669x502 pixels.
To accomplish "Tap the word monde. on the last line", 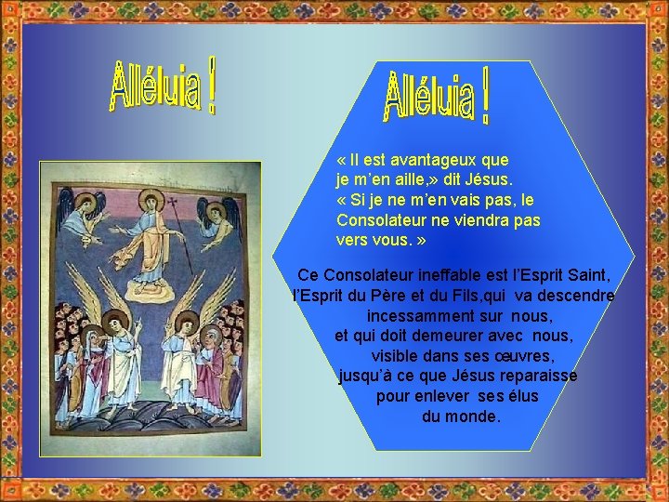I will coord(474,416).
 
